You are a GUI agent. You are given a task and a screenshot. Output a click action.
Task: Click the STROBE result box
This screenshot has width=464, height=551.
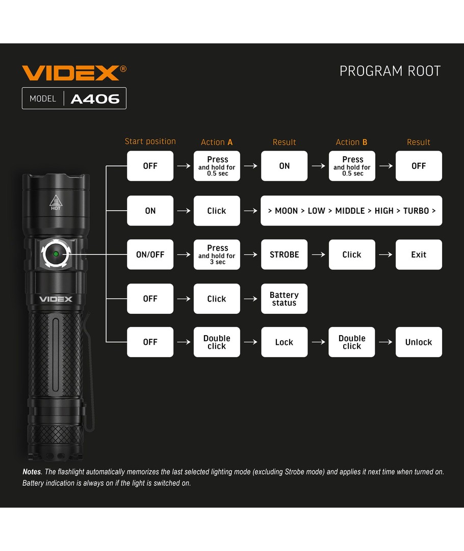pyautogui.click(x=284, y=255)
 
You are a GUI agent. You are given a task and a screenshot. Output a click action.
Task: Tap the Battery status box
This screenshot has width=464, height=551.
pyautogui.click(x=284, y=298)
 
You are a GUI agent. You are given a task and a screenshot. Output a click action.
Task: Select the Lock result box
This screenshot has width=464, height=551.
pyautogui.click(x=284, y=342)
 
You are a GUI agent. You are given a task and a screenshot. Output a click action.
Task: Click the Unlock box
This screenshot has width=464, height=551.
pyautogui.click(x=419, y=342)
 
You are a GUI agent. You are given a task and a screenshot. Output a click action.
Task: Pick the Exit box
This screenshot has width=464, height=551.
pyautogui.click(x=419, y=255)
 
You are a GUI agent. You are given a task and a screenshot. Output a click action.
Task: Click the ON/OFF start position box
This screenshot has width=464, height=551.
pyautogui.click(x=150, y=255)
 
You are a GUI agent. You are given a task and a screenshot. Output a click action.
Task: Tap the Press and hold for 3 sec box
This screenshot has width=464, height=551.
pyautogui.click(x=217, y=255)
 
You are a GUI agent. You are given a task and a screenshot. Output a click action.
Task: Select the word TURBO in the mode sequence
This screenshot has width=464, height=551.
pyautogui.click(x=416, y=211)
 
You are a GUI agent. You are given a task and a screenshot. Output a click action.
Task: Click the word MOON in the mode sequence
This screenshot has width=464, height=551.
pyautogui.click(x=286, y=211)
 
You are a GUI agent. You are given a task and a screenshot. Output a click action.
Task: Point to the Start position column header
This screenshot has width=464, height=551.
pyautogui.click(x=150, y=141)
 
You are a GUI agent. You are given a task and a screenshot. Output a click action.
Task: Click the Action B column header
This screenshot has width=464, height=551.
pyautogui.click(x=351, y=142)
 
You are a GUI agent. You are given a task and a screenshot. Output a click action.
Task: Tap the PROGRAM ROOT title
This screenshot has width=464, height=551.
pyautogui.click(x=390, y=71)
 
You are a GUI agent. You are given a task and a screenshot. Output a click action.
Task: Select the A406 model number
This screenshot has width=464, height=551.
pyautogui.click(x=95, y=99)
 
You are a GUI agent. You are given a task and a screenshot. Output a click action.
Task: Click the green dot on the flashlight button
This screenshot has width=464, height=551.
pyautogui.click(x=56, y=254)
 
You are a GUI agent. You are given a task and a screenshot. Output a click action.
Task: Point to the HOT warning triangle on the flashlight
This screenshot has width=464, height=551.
pyautogui.click(x=56, y=202)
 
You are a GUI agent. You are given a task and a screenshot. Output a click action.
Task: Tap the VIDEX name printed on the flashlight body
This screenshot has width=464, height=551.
pyautogui.click(x=56, y=299)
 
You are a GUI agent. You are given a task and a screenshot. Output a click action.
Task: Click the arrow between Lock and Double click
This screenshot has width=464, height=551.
pyautogui.click(x=318, y=342)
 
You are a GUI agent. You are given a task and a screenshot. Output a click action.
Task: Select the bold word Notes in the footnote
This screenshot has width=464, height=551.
pyautogui.click(x=32, y=471)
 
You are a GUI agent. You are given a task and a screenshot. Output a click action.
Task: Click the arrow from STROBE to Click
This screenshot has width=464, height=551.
pyautogui.click(x=318, y=255)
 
